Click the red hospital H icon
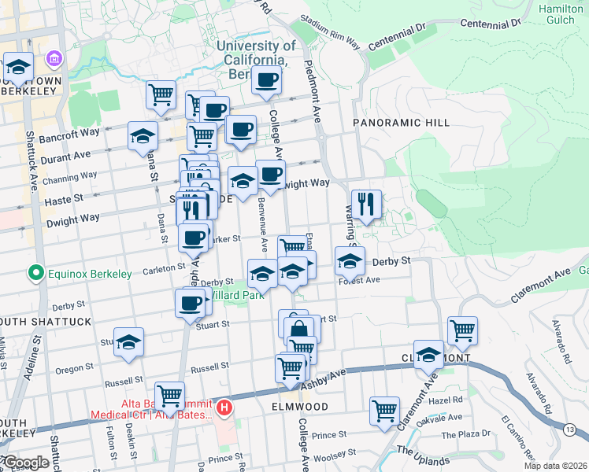224,407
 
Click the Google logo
25,463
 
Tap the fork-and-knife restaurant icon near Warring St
366,205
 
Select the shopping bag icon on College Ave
298,329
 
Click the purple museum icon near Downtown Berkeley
54,59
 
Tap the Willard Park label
236,297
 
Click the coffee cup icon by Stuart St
190,304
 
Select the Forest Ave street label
360,280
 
